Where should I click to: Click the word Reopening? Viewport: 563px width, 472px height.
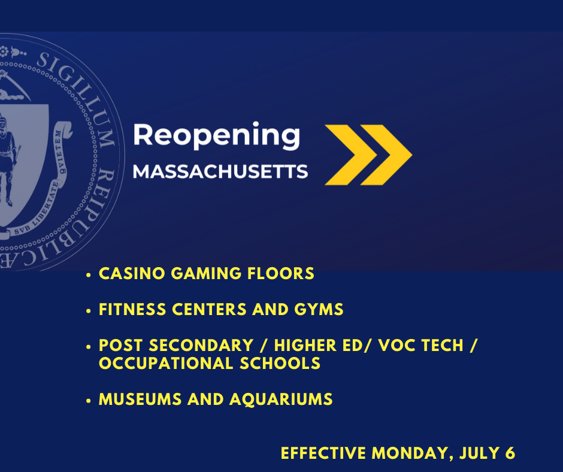pyautogui.click(x=216, y=136)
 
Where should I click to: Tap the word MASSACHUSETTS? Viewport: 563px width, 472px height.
pyautogui.click(x=220, y=171)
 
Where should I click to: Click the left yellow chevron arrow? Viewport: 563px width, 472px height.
pyautogui.click(x=351, y=155)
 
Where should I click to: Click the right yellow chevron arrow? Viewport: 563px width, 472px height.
pyautogui.click(x=386, y=155)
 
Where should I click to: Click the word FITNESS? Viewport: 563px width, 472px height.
pyautogui.click(x=132, y=309)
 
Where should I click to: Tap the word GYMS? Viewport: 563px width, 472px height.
pyautogui.click(x=319, y=309)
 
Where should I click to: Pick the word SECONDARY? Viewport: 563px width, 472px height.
pyautogui.click(x=201, y=345)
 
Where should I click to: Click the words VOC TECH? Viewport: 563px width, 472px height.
pyautogui.click(x=421, y=345)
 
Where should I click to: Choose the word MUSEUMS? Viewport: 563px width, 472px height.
pyautogui.click(x=140, y=399)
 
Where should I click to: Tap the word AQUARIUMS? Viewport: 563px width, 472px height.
pyautogui.click(x=281, y=399)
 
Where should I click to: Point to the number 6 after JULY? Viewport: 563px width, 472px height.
pyautogui.click(x=510, y=453)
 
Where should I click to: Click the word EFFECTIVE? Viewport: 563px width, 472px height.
pyautogui.click(x=323, y=453)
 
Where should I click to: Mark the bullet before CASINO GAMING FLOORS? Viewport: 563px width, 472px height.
pyautogui.click(x=89, y=275)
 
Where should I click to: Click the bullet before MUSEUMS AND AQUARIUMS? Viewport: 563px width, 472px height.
pyautogui.click(x=89, y=401)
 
